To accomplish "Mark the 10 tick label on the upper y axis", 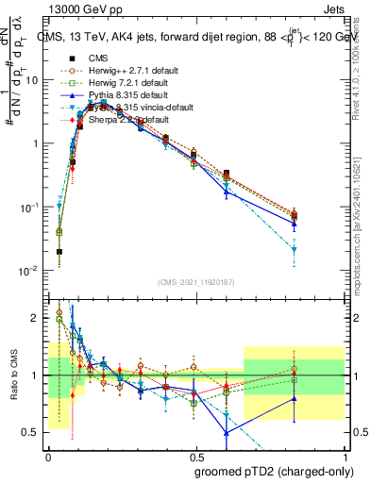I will (31, 80).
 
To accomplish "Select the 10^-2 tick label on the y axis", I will (29, 271).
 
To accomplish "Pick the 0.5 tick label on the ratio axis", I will (31, 432).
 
